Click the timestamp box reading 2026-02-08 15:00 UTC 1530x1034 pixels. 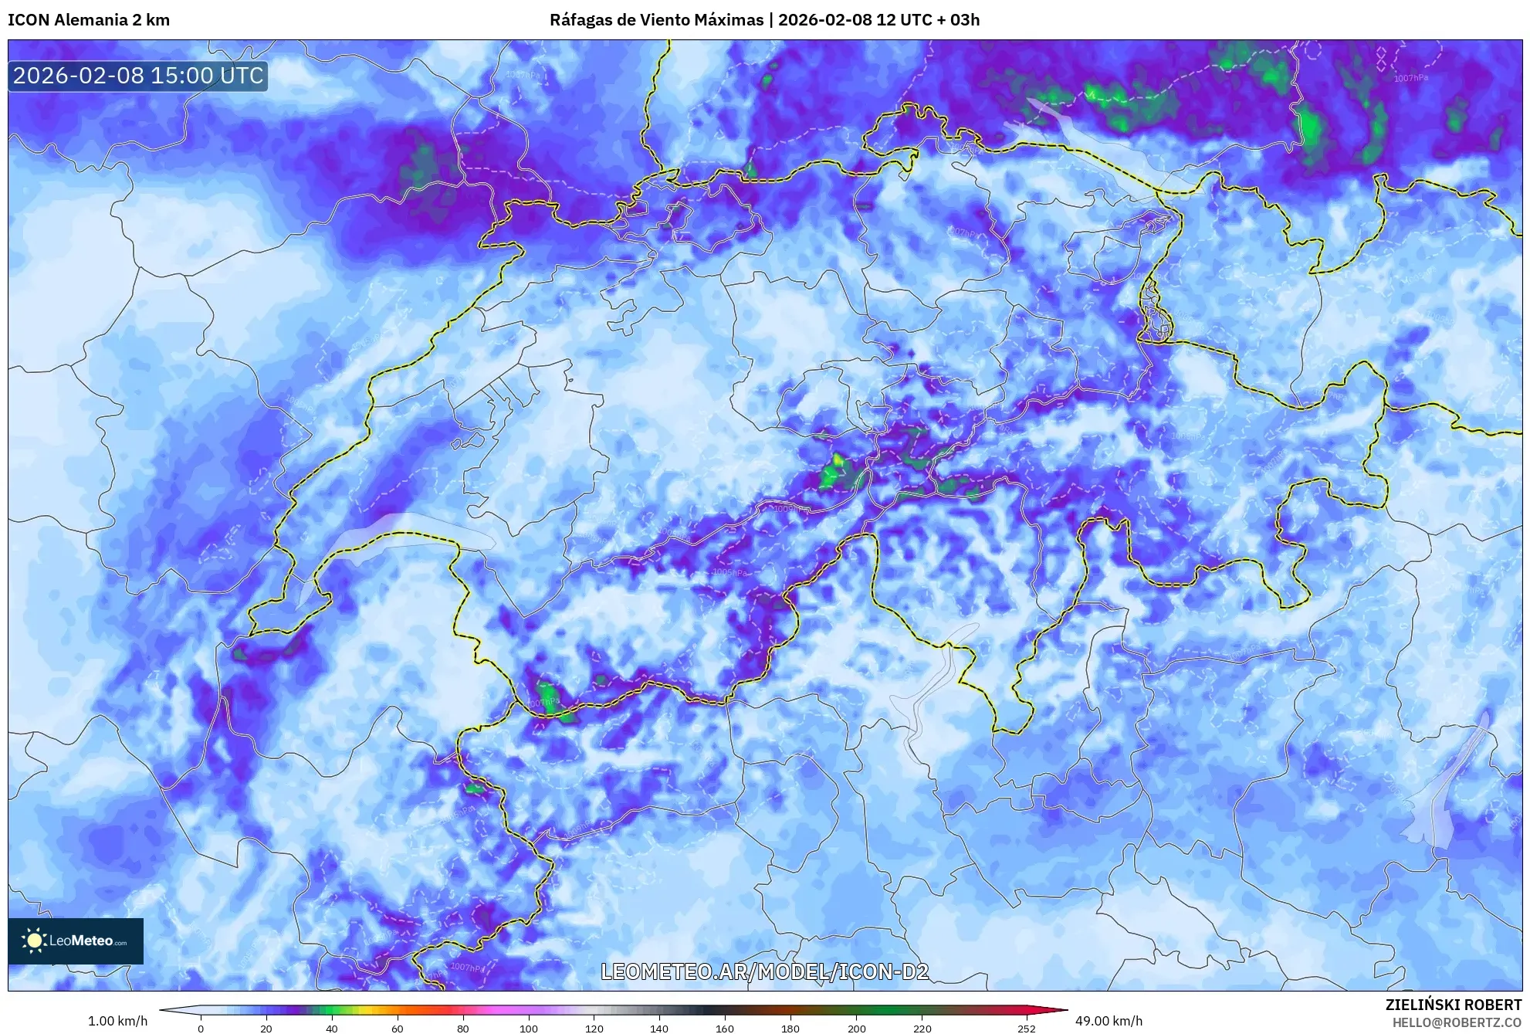[x=138, y=76]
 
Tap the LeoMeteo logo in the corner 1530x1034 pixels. [x=76, y=941]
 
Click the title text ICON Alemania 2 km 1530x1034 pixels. [x=89, y=20]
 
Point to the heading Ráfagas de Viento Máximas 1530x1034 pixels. [x=656, y=20]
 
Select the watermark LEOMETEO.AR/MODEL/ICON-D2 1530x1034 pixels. [x=764, y=971]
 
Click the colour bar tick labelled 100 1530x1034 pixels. [x=528, y=1028]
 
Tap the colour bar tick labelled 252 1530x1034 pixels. [x=1026, y=1028]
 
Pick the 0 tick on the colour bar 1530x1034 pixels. [x=201, y=1028]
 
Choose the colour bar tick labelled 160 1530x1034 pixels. [x=724, y=1028]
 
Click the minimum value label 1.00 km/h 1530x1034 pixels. [x=117, y=1021]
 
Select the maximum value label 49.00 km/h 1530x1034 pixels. [x=1109, y=1021]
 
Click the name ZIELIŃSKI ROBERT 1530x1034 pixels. [x=1453, y=1005]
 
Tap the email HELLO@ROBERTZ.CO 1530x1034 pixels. [x=1457, y=1022]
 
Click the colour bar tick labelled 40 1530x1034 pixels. [x=331, y=1028]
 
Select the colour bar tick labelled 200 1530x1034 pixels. [x=856, y=1028]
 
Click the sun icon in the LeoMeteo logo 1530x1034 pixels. [x=34, y=941]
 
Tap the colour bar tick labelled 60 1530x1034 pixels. [x=397, y=1028]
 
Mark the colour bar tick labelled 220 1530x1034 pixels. [x=922, y=1028]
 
